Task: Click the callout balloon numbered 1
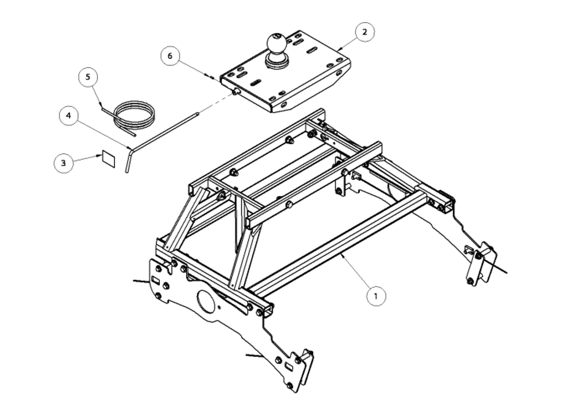(376, 296)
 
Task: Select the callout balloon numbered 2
(365, 32)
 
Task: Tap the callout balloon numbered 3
(63, 163)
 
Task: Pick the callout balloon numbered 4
(69, 116)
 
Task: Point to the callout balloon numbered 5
(88, 77)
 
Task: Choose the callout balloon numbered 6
(170, 56)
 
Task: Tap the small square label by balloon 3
(109, 159)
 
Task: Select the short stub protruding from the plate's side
(236, 91)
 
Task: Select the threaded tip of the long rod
(197, 114)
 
